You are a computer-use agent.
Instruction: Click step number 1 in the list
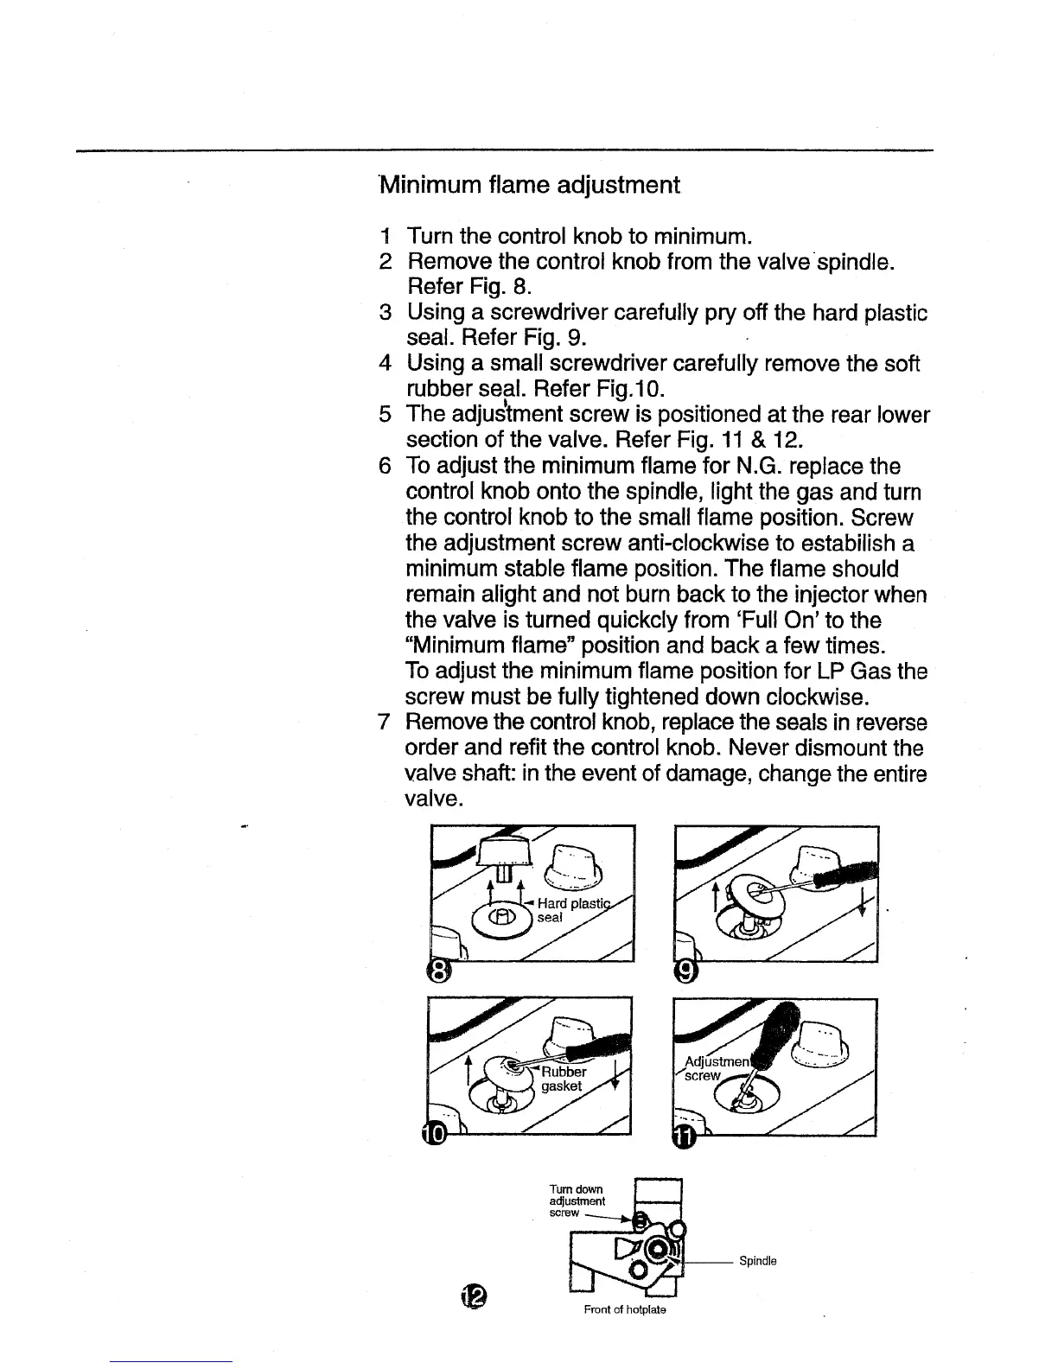pos(385,236)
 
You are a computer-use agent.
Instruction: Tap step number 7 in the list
pos(385,723)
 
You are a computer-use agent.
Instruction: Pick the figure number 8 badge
pos(439,974)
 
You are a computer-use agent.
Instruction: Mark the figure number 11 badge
pos(683,1139)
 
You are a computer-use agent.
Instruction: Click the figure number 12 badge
pos(474,1294)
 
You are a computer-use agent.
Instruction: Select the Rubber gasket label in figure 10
pos(563,1079)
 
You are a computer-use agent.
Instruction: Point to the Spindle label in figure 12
pos(757,1261)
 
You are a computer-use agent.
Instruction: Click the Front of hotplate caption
pos(624,1309)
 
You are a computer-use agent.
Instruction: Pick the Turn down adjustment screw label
pos(577,1200)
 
